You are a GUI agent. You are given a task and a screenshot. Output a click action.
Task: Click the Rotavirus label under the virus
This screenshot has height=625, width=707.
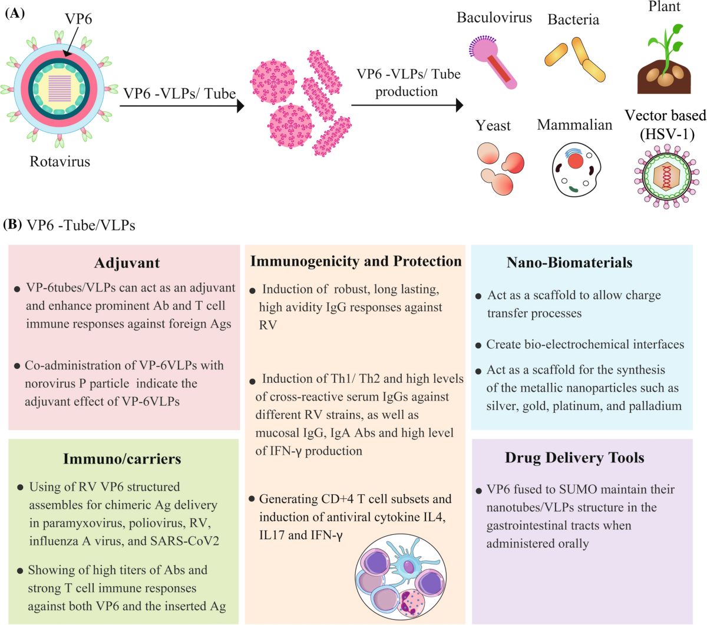click(60, 161)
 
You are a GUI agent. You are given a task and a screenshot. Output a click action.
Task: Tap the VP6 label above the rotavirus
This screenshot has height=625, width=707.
click(78, 19)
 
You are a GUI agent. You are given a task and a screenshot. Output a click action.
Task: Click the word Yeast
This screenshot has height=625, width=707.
click(493, 125)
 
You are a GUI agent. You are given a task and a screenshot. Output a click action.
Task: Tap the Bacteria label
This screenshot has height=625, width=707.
click(573, 20)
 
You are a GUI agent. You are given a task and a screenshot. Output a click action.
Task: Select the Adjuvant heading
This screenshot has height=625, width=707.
click(127, 263)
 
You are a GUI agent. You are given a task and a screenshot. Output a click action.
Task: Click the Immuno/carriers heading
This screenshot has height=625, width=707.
click(122, 459)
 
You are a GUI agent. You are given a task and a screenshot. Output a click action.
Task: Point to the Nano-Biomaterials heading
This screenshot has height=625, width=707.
click(569, 263)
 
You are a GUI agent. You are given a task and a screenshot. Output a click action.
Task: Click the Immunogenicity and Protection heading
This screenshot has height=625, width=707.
click(356, 261)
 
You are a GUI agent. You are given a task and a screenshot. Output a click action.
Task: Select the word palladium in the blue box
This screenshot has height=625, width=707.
click(654, 406)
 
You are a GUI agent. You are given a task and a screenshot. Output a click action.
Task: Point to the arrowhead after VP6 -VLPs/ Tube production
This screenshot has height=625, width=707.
click(458, 105)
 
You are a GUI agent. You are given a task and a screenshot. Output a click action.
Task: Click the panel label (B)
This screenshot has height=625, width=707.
click(12, 224)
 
